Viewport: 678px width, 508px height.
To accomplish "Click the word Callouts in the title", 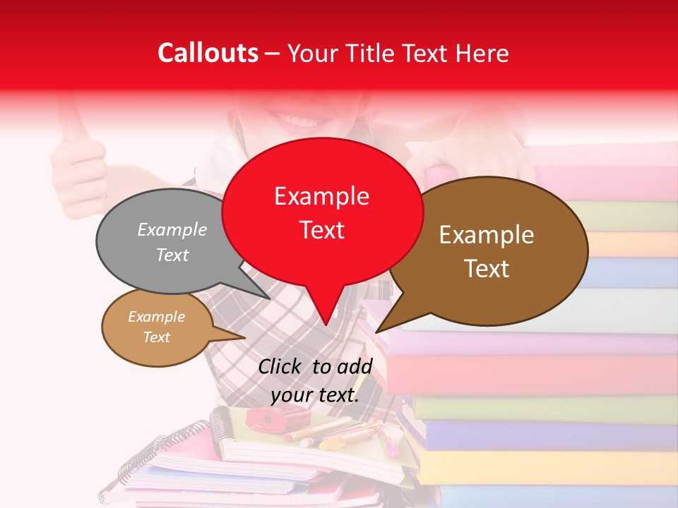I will [208, 53].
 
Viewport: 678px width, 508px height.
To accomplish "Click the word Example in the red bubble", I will [321, 196].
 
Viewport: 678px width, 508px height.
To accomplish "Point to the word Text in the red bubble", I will [321, 230].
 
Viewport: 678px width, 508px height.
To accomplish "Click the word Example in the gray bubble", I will [172, 229].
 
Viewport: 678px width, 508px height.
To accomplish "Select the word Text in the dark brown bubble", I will [487, 269].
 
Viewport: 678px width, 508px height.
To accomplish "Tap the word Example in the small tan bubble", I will [156, 317].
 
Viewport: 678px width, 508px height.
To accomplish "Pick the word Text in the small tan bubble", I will [156, 337].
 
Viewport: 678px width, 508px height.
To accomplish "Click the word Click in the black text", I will [280, 367].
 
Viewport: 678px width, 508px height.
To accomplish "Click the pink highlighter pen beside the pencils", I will [389, 445].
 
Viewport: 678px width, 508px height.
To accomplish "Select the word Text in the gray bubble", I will [172, 255].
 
